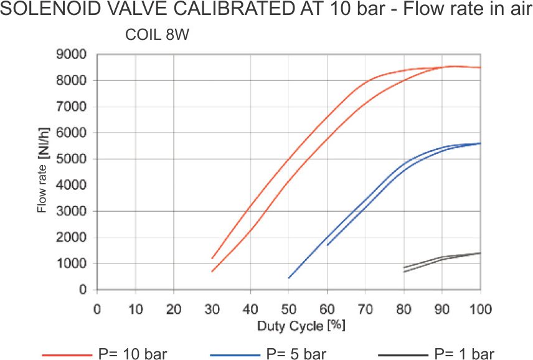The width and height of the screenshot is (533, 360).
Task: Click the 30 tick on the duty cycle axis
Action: coord(212,309)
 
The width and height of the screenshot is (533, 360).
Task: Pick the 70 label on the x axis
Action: coord(366,309)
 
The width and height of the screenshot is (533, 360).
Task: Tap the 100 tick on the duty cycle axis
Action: coord(480,309)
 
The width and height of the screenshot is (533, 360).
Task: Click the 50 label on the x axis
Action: coord(288,309)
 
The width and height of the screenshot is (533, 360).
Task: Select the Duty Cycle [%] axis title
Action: coord(301,325)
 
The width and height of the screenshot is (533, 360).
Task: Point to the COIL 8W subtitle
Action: coord(157,36)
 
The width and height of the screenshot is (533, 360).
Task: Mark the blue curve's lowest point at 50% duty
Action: coord(289,278)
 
